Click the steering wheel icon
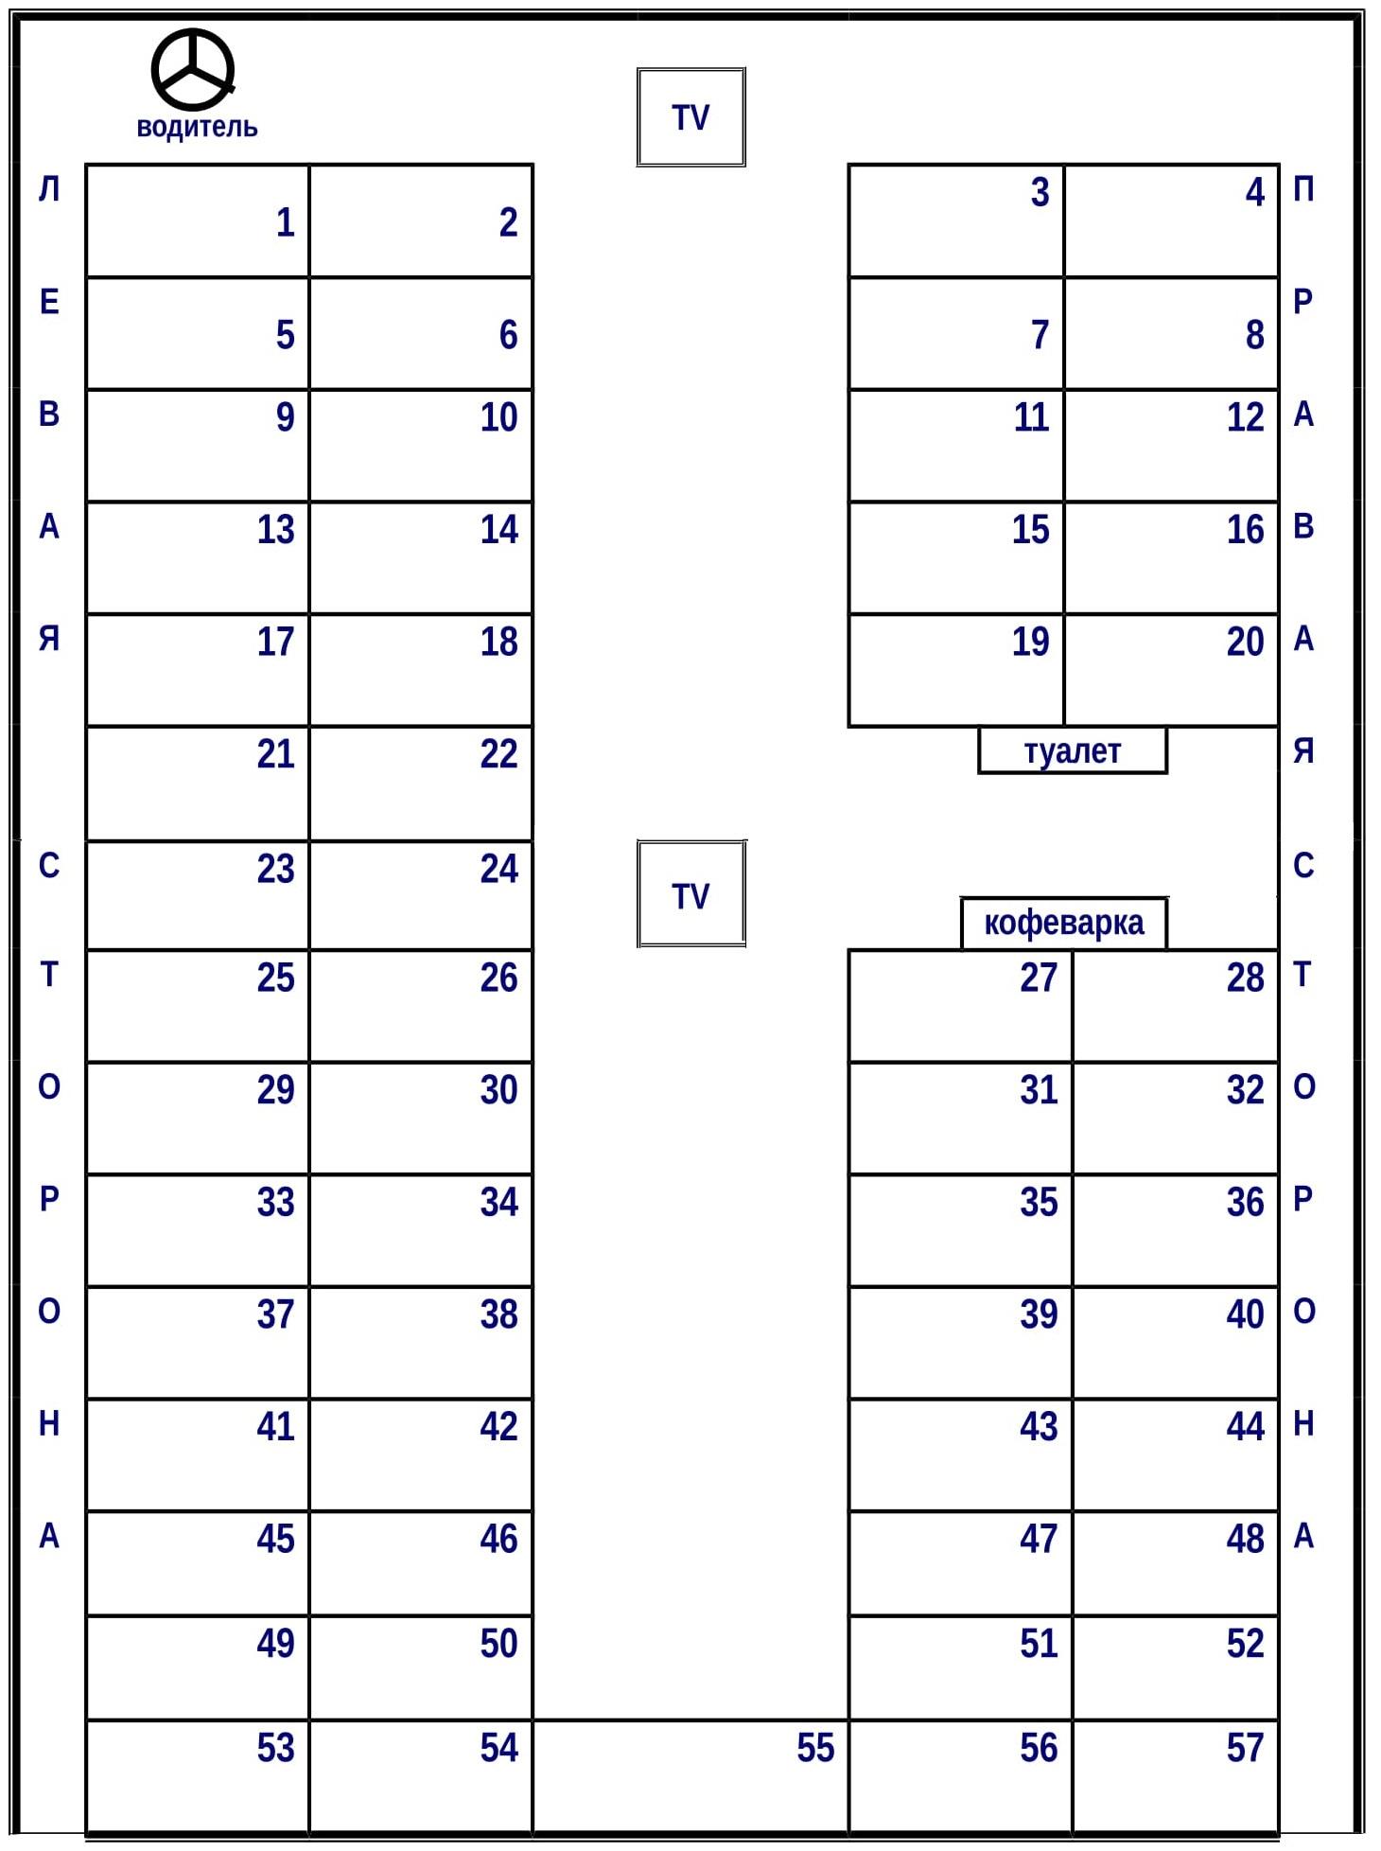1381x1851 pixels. pos(193,69)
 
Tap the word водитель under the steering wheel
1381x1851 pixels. pos(197,127)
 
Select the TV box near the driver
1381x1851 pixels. pos(691,117)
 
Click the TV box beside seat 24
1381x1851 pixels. pos(691,894)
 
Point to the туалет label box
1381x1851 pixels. pos(1073,750)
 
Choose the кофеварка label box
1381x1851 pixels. pos(1064,923)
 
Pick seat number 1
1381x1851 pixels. pos(198,221)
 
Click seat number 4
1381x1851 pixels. pos(1172,221)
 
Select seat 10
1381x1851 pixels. pos(421,445)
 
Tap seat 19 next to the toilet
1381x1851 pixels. pos(956,670)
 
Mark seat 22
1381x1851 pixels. pos(421,783)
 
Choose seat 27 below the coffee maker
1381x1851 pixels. pos(961,1005)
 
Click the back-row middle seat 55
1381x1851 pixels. pos(690,1776)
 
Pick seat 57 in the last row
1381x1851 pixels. pos(1176,1776)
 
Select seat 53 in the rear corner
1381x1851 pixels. pos(198,1776)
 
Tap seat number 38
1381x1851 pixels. pos(421,1342)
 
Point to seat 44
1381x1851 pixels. pos(1176,1454)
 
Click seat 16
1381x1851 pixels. pos(1172,557)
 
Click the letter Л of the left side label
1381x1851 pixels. pos(49,189)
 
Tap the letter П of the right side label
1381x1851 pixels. pos(1303,189)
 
